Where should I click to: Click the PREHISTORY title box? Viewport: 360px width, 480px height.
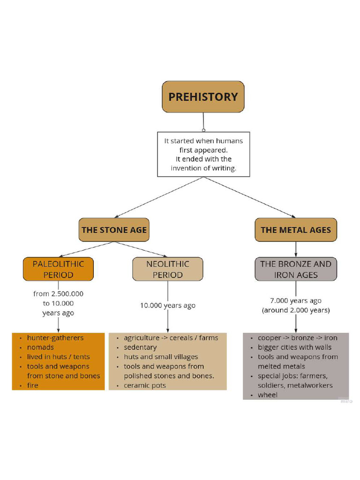tap(203, 97)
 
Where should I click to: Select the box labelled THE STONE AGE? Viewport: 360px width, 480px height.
tap(114, 230)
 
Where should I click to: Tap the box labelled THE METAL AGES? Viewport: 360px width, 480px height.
tap(296, 230)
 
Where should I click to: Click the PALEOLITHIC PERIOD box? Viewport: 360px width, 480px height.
tap(58, 270)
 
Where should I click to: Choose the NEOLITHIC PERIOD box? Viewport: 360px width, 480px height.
tap(167, 270)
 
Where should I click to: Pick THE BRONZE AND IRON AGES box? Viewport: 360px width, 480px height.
tap(296, 270)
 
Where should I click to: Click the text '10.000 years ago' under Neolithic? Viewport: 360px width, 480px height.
tap(167, 306)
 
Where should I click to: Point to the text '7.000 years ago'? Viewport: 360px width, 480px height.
tap(296, 300)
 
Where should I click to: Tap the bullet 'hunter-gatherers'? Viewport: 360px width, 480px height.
tap(55, 337)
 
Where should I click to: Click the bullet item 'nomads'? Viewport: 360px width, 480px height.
tap(40, 347)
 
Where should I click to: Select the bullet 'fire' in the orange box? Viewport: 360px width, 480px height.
tap(33, 385)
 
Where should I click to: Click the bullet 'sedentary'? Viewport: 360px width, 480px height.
tap(140, 347)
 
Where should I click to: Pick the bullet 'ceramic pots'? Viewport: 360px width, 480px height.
tap(145, 385)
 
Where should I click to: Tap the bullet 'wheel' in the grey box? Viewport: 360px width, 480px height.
tap(268, 395)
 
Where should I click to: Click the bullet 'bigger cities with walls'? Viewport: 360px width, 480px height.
tap(294, 347)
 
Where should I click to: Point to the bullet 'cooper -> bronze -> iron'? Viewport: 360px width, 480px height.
tap(297, 337)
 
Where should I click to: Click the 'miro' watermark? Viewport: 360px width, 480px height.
tap(346, 401)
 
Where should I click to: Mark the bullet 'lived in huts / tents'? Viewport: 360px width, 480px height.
tap(58, 357)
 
